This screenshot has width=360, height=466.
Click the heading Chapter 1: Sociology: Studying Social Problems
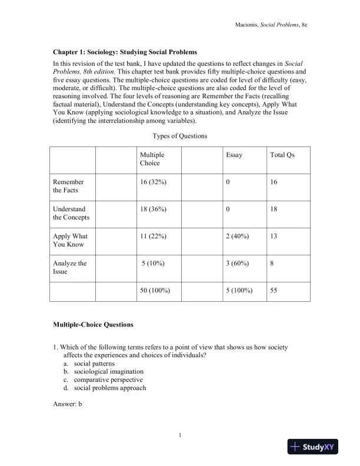125,52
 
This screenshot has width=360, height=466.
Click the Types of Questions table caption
180,136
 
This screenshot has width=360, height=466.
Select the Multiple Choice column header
152,159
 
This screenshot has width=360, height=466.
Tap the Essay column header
234,155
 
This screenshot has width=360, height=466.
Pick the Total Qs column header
282,155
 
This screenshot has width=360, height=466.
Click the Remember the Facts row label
68,187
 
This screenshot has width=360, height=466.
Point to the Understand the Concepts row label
71,214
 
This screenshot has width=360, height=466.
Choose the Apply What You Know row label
69,241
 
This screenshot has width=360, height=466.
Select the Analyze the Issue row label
69,268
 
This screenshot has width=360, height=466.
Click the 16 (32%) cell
154,182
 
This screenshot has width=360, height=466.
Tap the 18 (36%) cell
154,209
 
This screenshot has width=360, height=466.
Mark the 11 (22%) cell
153,237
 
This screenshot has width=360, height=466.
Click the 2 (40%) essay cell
237,237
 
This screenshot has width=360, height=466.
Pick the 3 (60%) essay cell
237,264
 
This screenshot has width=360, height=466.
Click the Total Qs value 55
274,291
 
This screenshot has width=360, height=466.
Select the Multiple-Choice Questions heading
93,324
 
